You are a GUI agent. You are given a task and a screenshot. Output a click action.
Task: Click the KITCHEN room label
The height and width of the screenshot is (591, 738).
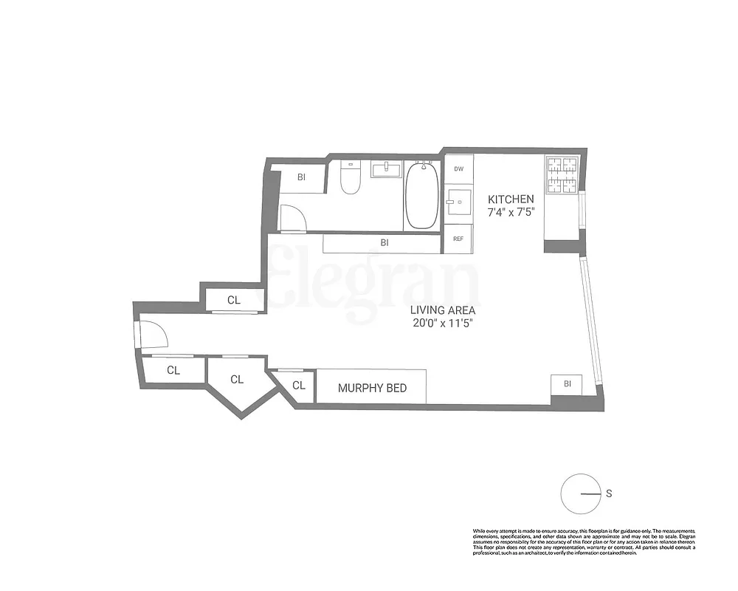[510, 199]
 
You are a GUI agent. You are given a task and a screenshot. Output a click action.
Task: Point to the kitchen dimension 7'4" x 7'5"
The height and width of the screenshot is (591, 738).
[510, 212]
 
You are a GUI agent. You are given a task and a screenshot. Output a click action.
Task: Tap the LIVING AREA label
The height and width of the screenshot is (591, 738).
[444, 310]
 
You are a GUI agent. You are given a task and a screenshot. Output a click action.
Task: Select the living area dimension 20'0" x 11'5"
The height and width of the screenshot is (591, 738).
[444, 324]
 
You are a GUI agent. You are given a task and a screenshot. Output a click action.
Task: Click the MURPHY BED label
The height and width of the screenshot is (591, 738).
[372, 388]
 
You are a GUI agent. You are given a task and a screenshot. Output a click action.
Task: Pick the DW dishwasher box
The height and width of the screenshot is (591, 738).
[458, 169]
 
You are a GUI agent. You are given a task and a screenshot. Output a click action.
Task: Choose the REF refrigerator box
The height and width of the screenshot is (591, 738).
[458, 239]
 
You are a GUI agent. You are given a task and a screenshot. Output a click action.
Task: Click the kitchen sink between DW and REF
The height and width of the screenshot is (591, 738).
[458, 199]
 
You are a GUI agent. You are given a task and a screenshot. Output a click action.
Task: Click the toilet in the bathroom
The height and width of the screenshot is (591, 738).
[350, 178]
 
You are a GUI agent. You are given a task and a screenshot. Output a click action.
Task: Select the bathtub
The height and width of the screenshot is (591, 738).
[422, 196]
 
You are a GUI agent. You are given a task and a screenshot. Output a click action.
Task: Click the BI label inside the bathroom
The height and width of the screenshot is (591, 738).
[301, 177]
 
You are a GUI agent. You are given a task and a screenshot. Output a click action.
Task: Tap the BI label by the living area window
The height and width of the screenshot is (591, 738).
[567, 384]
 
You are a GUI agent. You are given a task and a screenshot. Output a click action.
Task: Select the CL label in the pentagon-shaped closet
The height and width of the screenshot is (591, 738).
[237, 380]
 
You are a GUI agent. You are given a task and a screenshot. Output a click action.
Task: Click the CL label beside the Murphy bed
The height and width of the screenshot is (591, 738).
[299, 385]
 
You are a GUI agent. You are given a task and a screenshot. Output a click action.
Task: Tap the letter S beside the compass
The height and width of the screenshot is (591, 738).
[609, 493]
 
